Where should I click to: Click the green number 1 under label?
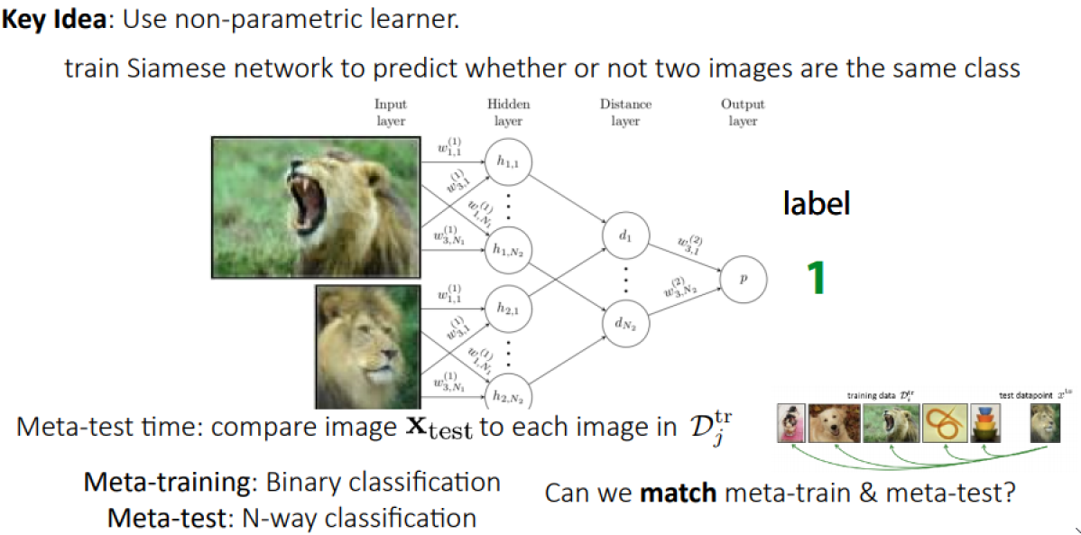click(x=816, y=278)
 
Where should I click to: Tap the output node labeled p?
click(x=744, y=280)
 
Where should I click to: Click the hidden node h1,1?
click(x=508, y=161)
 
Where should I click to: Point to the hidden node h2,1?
click(x=508, y=309)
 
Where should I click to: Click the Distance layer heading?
click(x=625, y=113)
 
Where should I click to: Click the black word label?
click(x=816, y=204)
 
